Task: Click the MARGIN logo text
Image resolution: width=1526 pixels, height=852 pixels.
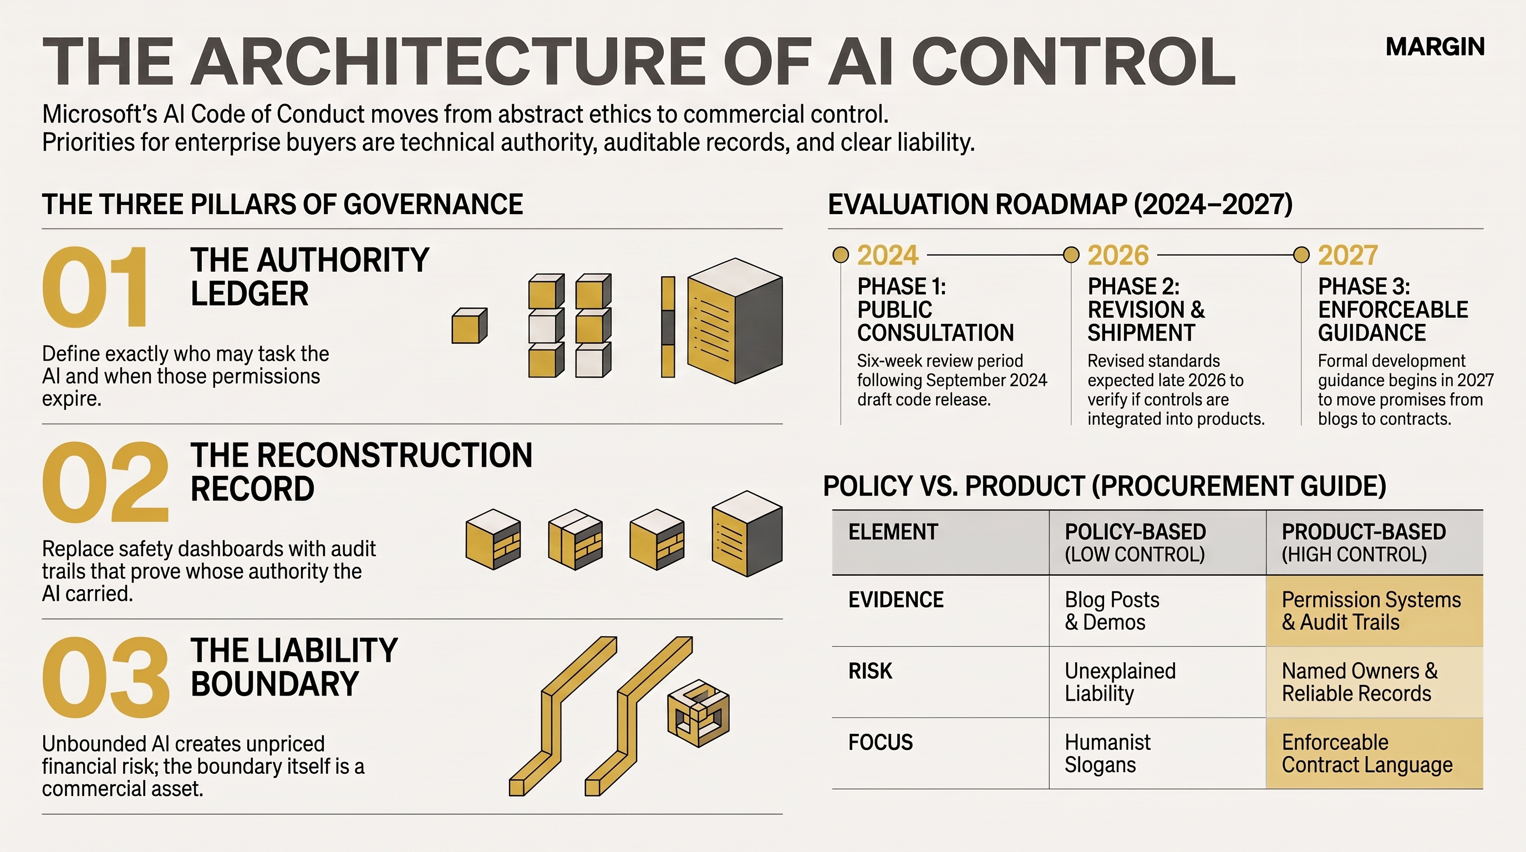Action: pyautogui.click(x=1435, y=47)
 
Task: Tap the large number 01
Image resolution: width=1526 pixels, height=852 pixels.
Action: pyautogui.click(x=95, y=287)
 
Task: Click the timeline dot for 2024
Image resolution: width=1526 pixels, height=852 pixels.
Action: pyautogui.click(x=841, y=255)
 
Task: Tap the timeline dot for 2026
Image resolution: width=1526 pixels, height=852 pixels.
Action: pyautogui.click(x=1071, y=255)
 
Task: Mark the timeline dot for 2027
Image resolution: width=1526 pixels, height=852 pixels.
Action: pyautogui.click(x=1301, y=255)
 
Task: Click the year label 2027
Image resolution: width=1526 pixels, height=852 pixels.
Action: pyautogui.click(x=1347, y=255)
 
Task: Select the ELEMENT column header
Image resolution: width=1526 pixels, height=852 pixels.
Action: pyautogui.click(x=893, y=532)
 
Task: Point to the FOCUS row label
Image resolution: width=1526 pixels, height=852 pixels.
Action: pyautogui.click(x=881, y=742)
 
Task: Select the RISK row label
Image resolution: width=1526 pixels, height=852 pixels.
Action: pyautogui.click(x=870, y=671)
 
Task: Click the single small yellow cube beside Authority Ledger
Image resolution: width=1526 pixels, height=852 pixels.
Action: pyautogui.click(x=469, y=326)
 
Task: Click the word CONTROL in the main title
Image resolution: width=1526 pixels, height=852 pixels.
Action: pyautogui.click(x=1074, y=62)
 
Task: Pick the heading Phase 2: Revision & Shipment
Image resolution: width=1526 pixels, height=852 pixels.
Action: pyautogui.click(x=1146, y=310)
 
